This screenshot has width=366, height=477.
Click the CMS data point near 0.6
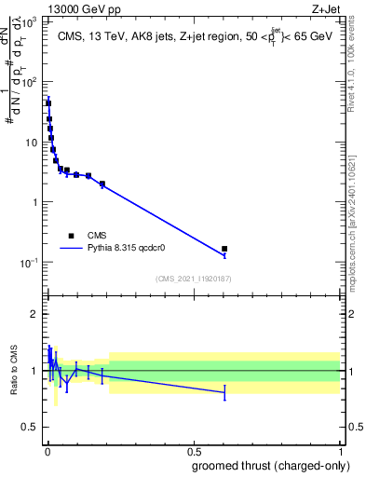[224, 249]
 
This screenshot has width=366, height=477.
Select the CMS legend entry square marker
[71, 236]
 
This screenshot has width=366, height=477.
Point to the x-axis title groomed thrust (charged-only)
[273, 467]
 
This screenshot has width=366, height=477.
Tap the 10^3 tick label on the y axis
[28, 22]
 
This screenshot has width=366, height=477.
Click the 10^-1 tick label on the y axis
[28, 263]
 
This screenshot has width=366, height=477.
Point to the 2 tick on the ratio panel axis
[34, 314]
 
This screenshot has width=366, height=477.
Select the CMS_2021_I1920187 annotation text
[193, 279]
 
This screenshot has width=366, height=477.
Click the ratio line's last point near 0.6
[224, 393]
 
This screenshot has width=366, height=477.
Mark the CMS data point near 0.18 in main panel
[102, 184]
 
